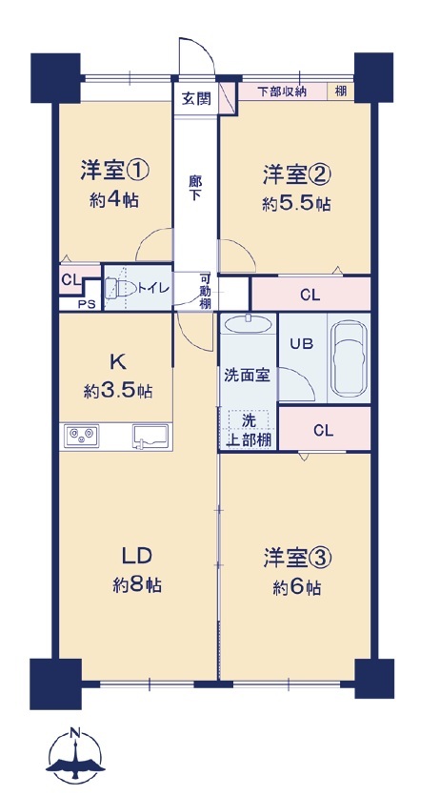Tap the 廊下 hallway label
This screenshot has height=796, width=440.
coord(195,187)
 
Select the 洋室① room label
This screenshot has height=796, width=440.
coord(114,171)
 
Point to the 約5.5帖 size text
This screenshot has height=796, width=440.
coord(296,204)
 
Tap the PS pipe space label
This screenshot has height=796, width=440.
coord(86,305)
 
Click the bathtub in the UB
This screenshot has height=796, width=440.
coord(349,358)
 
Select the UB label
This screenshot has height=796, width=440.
coord(301,344)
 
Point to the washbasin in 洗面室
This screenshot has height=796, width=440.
coord(248,323)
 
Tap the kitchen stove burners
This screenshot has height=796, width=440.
coord(82,436)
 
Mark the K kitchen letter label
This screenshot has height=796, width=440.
coord(117,361)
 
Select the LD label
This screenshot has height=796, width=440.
coord(136,557)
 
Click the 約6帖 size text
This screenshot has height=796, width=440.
coord(296,588)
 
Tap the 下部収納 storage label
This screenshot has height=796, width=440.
coord(282,92)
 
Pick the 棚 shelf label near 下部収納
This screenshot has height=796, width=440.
coord(341,92)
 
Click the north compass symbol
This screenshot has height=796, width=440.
coord(75,756)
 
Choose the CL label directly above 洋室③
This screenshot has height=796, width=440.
coord(324,431)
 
